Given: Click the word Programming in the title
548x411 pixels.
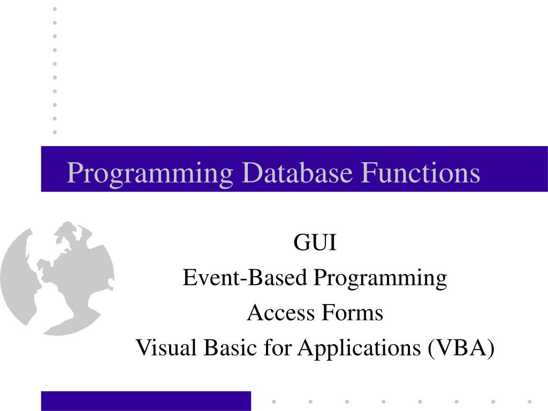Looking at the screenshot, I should click(x=150, y=173).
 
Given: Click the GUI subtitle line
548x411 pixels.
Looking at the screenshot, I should click(x=315, y=243).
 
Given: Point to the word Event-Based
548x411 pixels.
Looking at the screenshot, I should click(x=246, y=278).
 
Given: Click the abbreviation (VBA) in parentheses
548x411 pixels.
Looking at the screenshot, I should click(x=461, y=348).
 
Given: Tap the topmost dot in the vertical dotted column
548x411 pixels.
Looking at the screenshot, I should click(x=55, y=9).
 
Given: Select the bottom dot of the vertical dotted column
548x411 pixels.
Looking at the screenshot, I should click(x=55, y=132).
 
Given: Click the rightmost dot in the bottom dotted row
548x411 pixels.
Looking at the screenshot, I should click(x=529, y=401).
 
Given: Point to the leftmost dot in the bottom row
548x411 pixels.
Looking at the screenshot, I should click(x=274, y=401).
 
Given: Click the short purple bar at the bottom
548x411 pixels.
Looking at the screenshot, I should click(x=146, y=401).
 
